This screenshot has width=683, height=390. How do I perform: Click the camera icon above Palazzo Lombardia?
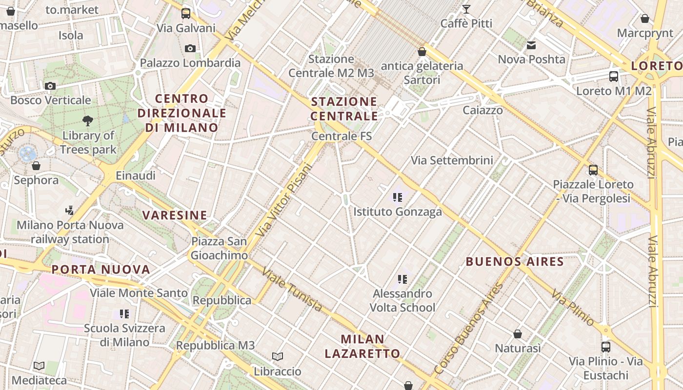[190, 48]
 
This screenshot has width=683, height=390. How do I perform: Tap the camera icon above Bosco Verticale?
[50, 86]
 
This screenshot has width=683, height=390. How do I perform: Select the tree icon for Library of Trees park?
[88, 120]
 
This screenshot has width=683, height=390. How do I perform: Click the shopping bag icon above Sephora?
[36, 166]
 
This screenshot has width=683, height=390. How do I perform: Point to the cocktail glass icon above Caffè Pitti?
[466, 9]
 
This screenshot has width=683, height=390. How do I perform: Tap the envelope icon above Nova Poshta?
[531, 45]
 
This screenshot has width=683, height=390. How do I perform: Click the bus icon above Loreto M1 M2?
[614, 77]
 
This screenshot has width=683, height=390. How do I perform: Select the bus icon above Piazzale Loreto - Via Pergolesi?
[593, 170]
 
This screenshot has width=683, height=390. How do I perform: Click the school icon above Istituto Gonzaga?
[398, 197]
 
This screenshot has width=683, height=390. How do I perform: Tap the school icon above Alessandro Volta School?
[402, 279]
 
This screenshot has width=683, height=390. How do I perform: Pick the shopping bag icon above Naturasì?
[518, 334]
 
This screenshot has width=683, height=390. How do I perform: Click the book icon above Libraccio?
[278, 357]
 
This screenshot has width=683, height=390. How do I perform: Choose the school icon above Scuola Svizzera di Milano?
[124, 314]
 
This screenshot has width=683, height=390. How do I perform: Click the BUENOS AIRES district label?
[515, 261]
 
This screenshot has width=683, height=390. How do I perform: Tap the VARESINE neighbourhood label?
[175, 215]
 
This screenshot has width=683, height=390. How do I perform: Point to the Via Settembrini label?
[452, 160]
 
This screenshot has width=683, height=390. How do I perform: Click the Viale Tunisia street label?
[292, 289]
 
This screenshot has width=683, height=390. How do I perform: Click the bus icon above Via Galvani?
[186, 14]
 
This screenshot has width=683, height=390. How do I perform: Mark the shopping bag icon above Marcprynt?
[645, 19]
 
